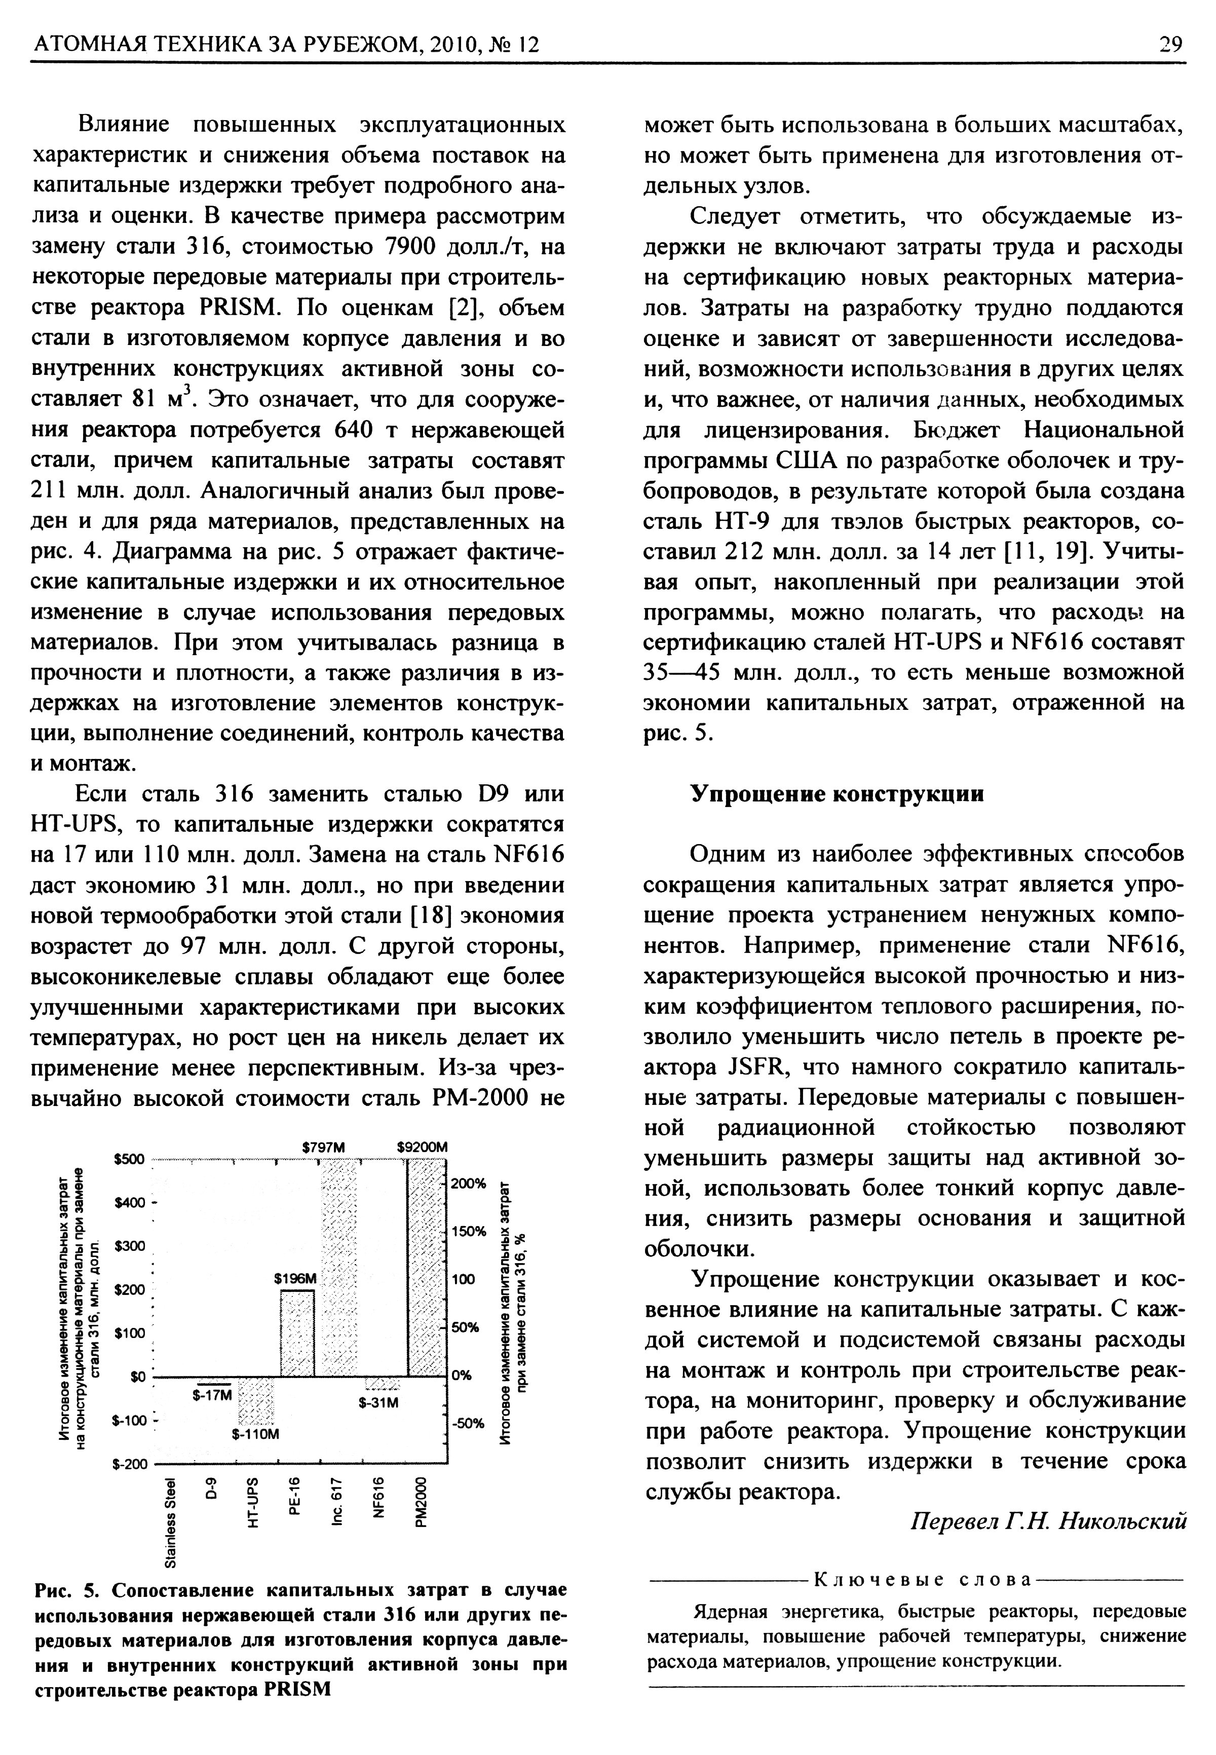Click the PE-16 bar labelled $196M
[297, 1332]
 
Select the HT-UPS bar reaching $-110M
[255, 1400]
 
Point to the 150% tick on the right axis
[468, 1232]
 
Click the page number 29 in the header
[1170, 45]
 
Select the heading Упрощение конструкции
[837, 794]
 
